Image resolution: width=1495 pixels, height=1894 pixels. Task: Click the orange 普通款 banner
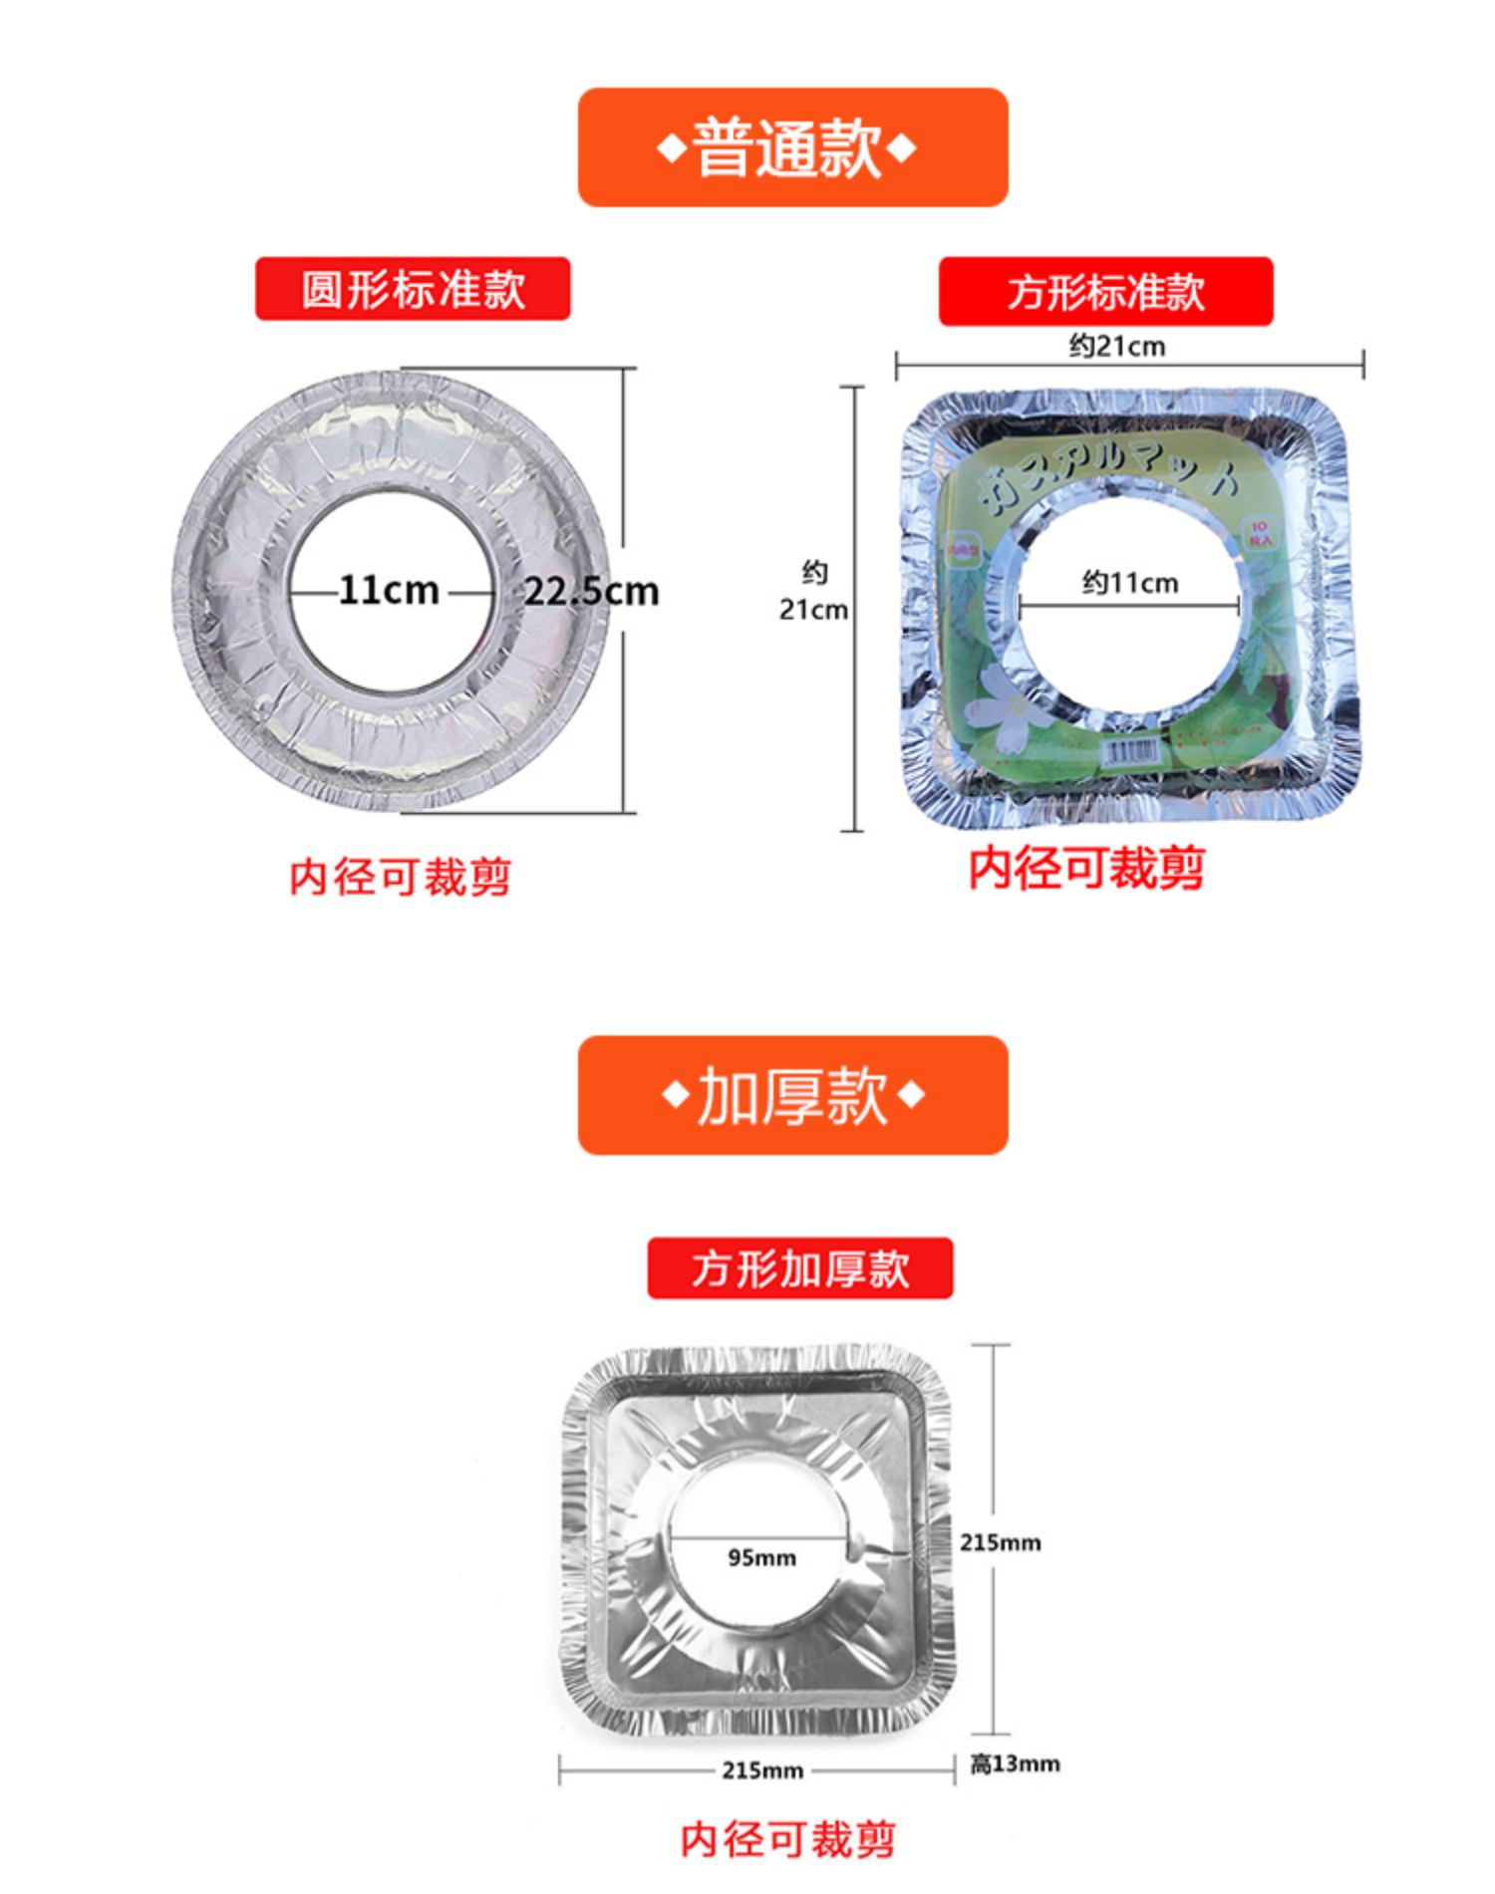pos(792,147)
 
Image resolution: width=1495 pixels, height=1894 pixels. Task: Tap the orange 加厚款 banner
pos(792,1095)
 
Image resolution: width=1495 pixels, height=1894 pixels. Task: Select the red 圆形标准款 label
pos(413,289)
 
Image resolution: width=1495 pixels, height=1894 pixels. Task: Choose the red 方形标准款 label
pos(1105,292)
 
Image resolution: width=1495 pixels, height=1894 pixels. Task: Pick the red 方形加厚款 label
pos(800,1268)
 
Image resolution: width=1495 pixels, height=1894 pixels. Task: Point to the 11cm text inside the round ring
pos(389,590)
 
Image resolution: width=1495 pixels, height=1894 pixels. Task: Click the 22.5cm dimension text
pos(591,592)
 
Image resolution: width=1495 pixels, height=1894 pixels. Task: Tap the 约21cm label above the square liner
pos(1116,347)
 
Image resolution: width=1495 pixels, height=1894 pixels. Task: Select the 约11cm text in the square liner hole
pos(1130,583)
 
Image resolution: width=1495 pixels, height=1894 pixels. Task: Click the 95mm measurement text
pos(761,1557)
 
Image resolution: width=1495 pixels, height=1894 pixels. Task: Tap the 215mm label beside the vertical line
pos(1000,1542)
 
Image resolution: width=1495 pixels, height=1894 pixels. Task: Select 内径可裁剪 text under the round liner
pos(400,878)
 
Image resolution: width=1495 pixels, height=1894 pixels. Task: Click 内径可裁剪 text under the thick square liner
pos(787,1838)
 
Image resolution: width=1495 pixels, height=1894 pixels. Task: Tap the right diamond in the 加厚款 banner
pos(911,1095)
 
